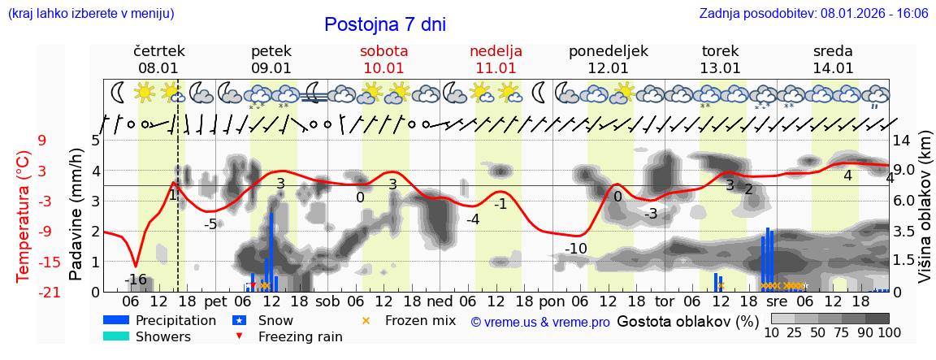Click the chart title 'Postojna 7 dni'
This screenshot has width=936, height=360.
[x=384, y=24]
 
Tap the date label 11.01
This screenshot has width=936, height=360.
[x=496, y=68]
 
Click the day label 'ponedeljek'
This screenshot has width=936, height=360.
[x=608, y=51]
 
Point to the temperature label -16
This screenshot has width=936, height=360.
[x=136, y=280]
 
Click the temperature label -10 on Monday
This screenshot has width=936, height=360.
[x=576, y=248]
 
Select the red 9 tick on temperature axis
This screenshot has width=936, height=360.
[x=41, y=141]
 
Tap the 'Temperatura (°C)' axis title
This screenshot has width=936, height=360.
[x=24, y=216]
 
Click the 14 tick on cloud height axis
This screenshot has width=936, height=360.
[x=903, y=141]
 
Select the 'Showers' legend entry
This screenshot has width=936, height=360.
[x=162, y=336]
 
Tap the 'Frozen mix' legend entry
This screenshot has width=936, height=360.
[x=420, y=320]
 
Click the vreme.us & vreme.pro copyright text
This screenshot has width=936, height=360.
[x=540, y=323]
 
